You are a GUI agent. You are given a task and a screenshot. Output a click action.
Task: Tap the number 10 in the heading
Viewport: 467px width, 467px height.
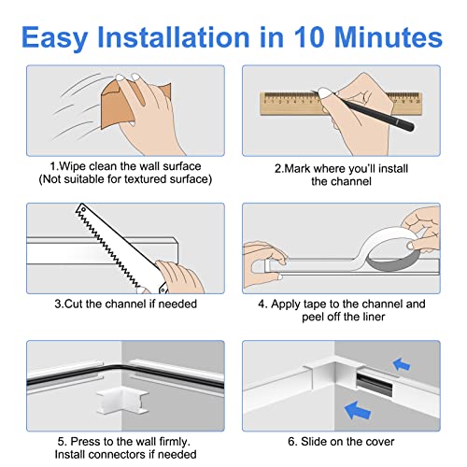click(x=307, y=37)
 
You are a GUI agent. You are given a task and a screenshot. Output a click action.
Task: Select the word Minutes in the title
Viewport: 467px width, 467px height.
click(x=390, y=37)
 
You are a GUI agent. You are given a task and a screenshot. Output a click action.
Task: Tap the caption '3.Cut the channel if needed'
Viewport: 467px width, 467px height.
click(x=119, y=304)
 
